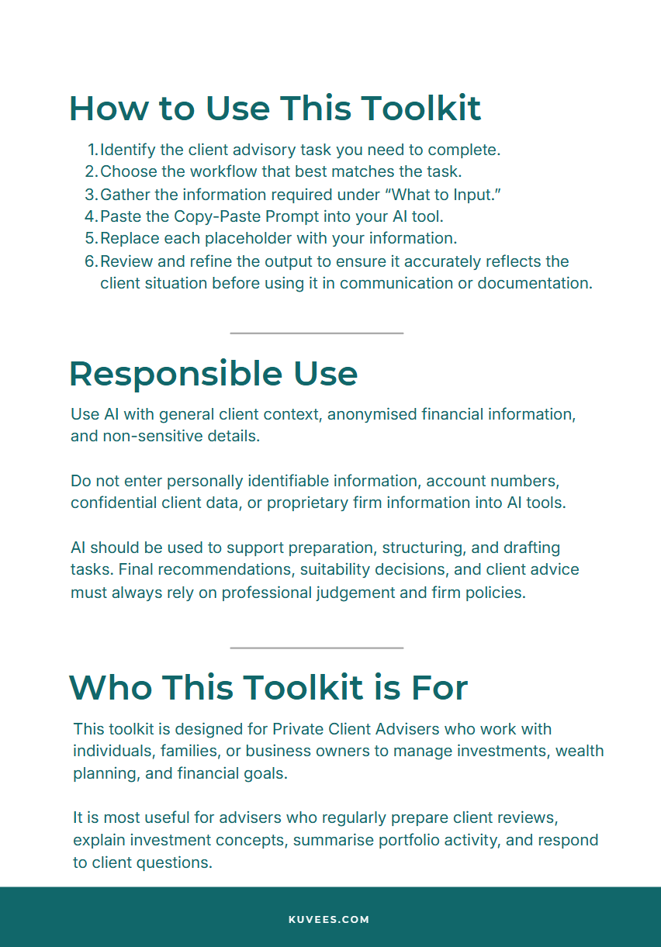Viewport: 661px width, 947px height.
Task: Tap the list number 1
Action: click(92, 150)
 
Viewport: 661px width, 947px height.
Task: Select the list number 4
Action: click(91, 216)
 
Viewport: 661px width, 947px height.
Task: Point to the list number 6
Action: click(91, 261)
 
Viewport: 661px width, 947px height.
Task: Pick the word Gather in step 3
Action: click(124, 195)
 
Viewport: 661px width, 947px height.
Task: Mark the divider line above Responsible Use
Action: click(317, 334)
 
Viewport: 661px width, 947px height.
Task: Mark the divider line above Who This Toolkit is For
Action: click(317, 648)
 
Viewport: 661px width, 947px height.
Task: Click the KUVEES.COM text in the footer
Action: click(329, 920)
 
